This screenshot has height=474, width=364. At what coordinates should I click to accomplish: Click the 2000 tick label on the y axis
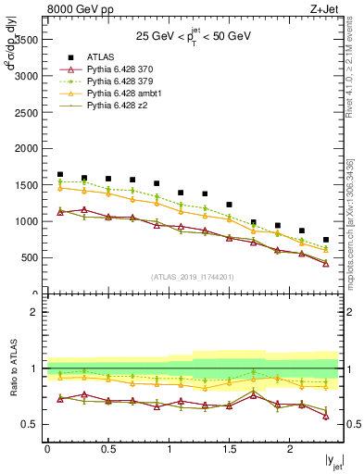pyautogui.click(x=25, y=148)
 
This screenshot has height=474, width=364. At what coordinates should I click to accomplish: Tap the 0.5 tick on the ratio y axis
pyautogui.click(x=31, y=424)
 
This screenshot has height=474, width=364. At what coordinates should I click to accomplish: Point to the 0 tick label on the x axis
pyautogui.click(x=47, y=449)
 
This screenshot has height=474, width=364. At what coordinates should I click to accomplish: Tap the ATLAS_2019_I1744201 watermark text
pyautogui.click(x=194, y=277)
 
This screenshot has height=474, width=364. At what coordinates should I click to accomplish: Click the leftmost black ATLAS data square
pyautogui.click(x=59, y=174)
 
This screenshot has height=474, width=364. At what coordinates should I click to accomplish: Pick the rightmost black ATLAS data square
pyautogui.click(x=325, y=240)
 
